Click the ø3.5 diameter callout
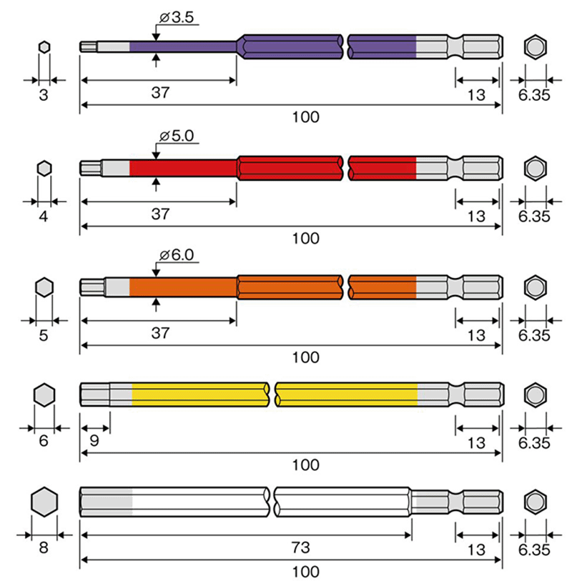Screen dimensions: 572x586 tap(177, 18)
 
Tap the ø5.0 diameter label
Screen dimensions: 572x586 tap(177, 136)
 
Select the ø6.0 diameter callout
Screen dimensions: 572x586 tap(177, 255)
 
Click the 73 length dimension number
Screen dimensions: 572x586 tap(301, 547)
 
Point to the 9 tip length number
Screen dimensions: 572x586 tap(94, 441)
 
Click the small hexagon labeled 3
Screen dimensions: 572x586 tap(44, 47)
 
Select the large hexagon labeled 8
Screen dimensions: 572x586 tap(44, 502)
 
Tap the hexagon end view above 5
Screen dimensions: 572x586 tap(44, 287)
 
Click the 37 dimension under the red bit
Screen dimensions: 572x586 tap(160, 214)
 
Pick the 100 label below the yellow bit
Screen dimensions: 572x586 tap(305, 465)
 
